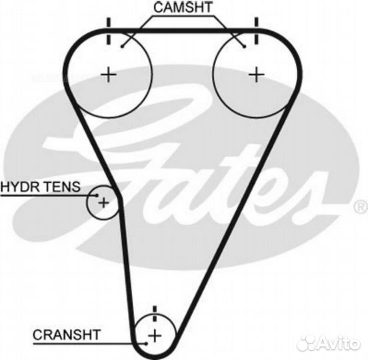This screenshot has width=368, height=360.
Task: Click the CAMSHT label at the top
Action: tap(183, 7)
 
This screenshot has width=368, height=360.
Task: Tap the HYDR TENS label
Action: tap(41, 187)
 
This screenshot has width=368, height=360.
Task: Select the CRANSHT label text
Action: tap(67, 335)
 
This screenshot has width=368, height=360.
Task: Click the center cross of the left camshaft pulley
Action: tap(109, 75)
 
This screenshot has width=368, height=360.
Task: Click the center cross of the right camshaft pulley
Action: tap(257, 75)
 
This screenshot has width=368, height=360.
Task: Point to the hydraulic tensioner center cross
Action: tap(104, 202)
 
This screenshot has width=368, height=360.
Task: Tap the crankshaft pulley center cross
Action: tap(155, 335)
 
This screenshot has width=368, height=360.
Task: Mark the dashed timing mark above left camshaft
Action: tap(109, 31)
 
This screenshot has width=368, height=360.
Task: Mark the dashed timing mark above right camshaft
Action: tap(256, 31)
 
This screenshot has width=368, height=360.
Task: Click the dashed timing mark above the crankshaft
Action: tap(155, 313)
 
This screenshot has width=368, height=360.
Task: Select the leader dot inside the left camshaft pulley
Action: tap(122, 47)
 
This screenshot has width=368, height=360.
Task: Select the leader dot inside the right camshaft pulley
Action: tap(244, 47)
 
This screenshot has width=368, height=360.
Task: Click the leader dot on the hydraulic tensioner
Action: tap(97, 195)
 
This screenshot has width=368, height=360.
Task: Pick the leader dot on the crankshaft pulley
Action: tap(146, 343)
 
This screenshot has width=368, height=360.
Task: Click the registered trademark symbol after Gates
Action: tap(361, 207)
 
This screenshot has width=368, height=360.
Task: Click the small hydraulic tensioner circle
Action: tap(87, 202)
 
